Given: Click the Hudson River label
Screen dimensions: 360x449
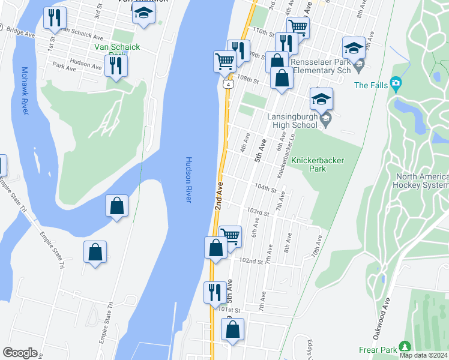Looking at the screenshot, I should (188, 179).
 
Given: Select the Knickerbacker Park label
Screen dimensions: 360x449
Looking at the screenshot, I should (308, 164).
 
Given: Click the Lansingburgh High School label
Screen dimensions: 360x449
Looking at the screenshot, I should (296, 121).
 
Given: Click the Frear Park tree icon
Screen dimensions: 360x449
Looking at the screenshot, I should (405, 346).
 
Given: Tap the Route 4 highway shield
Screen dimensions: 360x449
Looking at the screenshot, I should (229, 85).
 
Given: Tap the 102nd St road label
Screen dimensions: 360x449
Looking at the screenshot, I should (251, 261).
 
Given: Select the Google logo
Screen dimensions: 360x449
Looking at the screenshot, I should (20, 353).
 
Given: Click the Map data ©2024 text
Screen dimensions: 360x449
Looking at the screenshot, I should (424, 355).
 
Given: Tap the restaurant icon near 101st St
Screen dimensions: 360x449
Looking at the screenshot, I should (215, 292).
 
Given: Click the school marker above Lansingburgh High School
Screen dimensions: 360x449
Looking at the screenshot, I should (321, 98).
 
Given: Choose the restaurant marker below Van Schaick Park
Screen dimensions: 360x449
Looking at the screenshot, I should (116, 65).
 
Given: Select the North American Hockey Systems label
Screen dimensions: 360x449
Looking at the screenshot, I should (421, 181).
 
